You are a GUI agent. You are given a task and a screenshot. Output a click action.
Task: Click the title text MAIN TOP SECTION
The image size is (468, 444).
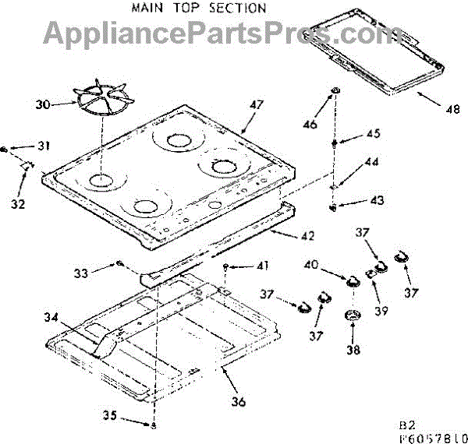pyautogui.click(x=198, y=9)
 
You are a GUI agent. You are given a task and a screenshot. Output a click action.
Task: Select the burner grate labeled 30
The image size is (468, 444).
pyautogui.click(x=104, y=100)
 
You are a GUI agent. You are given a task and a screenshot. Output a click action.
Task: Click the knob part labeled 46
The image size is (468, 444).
pyautogui.click(x=335, y=93)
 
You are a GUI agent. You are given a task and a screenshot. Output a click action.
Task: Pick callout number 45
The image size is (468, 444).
pyautogui.click(x=373, y=134)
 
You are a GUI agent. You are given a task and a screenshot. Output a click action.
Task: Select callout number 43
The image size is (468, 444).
pyautogui.click(x=376, y=201)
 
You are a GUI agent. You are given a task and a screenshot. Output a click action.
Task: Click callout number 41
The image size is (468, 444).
pyautogui.click(x=261, y=266)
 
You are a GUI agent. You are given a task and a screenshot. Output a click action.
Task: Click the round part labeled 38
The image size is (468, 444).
pyautogui.click(x=353, y=315)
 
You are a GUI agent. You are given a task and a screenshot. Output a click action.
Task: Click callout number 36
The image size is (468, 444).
pyautogui.click(x=238, y=402)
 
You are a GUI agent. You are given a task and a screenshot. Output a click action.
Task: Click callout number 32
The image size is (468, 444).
pyautogui.click(x=19, y=204)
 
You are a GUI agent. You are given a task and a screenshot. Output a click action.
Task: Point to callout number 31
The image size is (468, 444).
pyautogui.click(x=43, y=146)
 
